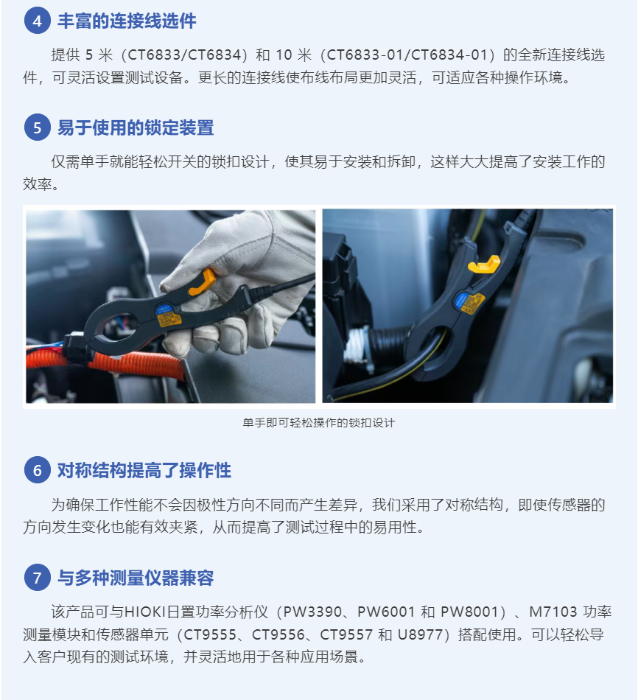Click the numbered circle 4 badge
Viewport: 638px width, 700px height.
coord(37,21)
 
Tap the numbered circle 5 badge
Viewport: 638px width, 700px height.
coord(37,127)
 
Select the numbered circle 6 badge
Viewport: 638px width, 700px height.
coord(37,470)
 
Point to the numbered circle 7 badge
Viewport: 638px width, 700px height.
coord(37,578)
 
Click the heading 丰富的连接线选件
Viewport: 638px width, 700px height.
coord(127,21)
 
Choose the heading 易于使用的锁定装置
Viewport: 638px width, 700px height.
coord(136,128)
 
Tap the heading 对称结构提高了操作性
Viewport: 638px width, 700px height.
coord(144,471)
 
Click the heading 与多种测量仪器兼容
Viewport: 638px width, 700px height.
coord(136,578)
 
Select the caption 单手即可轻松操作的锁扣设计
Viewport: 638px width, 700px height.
coord(319,423)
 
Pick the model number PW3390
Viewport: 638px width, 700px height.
coord(312,612)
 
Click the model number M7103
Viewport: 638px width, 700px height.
coord(553,612)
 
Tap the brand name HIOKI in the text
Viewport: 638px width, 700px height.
coord(144,612)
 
